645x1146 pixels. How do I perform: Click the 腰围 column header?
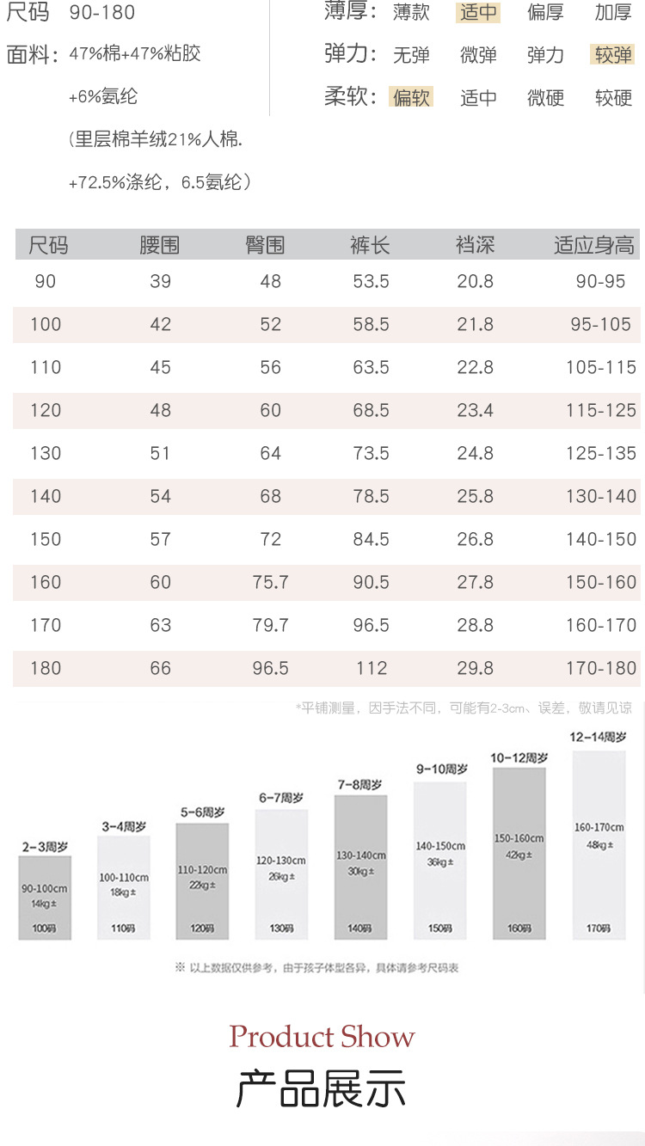pos(159,246)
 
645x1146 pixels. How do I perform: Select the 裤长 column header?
pos(370,246)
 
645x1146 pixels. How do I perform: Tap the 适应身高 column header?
pos(594,246)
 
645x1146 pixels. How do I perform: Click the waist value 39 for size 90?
pos(160,281)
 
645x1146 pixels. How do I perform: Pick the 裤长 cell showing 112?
pos(371,668)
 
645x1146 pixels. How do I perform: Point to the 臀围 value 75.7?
pos(270,582)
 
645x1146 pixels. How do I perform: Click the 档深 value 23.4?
pos(475,410)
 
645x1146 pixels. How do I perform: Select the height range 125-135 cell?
pos(600,453)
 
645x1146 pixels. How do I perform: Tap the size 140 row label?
pos(46,496)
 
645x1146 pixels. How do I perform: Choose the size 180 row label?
pos(46,668)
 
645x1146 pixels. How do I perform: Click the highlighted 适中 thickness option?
pos(478,13)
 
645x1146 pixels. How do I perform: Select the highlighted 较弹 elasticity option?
pos(613,55)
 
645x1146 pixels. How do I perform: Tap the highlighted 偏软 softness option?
pos(411,97)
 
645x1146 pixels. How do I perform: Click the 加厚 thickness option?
pos(613,13)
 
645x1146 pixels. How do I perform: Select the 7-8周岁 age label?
pos(360,785)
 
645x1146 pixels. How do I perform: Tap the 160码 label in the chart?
pos(519,928)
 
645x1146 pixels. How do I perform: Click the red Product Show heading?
pos(322,1036)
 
